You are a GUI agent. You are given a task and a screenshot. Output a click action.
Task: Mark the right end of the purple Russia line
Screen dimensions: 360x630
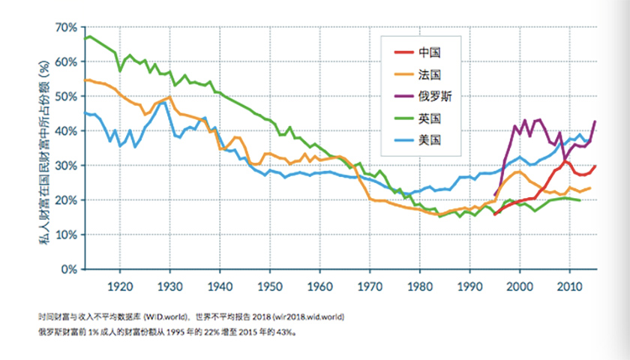(x=595, y=121)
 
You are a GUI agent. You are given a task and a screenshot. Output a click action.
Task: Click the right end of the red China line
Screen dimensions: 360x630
(x=595, y=166)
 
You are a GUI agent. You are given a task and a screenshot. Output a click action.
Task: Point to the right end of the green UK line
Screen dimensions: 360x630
(x=580, y=200)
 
